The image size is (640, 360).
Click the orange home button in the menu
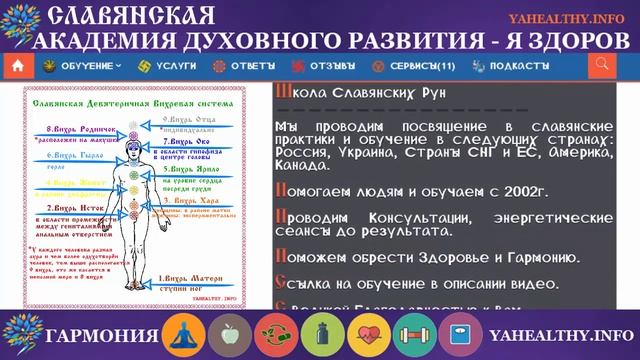[16, 66]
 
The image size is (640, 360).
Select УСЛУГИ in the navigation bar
[169, 66]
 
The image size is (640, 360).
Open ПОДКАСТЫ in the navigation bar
[509, 66]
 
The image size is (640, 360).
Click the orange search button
[602, 66]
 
